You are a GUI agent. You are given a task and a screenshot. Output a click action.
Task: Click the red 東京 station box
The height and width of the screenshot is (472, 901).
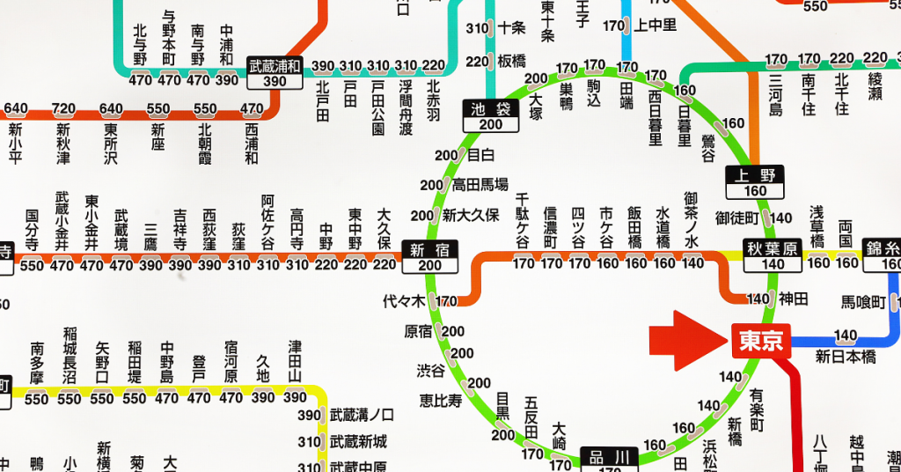(x=761, y=341)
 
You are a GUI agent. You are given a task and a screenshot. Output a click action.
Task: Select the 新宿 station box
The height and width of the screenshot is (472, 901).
(x=430, y=256)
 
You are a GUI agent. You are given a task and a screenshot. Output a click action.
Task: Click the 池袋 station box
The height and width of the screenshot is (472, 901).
(x=491, y=115)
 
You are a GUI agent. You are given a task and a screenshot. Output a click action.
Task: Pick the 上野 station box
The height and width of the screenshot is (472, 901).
(x=754, y=182)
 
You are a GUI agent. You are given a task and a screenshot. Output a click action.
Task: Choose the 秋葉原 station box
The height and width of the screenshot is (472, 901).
(x=773, y=256)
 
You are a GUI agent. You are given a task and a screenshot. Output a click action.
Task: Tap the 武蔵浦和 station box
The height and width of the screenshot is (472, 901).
(x=275, y=73)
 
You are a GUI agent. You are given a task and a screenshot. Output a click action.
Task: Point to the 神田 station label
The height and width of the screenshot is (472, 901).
(x=794, y=299)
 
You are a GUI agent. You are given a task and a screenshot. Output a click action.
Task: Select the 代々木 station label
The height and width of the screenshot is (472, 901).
(x=404, y=301)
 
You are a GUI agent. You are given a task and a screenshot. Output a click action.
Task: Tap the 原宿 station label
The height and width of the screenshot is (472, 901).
(x=419, y=332)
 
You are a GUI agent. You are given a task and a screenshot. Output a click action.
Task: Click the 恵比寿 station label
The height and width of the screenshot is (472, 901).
(x=441, y=401)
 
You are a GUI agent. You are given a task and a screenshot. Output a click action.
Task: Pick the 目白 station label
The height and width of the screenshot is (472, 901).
(x=480, y=156)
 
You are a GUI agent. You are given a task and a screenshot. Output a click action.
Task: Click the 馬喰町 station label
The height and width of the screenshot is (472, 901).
(x=862, y=302)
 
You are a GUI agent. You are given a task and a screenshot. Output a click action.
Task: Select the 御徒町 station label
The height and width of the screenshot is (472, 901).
(x=737, y=218)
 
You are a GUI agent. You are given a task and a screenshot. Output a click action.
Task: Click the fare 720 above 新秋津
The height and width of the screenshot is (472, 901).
(x=63, y=109)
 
